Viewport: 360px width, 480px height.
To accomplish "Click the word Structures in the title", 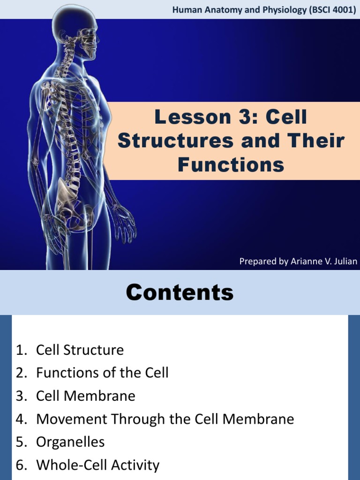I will [x=176, y=141].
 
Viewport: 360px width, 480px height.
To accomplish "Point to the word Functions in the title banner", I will [x=231, y=165].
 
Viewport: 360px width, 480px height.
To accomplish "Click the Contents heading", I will [x=180, y=292].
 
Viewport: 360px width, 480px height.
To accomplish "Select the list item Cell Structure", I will [x=80, y=350].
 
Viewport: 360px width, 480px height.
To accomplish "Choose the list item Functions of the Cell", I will [x=102, y=373].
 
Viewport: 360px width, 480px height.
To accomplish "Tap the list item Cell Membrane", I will [x=85, y=396].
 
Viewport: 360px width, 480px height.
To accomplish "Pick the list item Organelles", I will [x=70, y=442].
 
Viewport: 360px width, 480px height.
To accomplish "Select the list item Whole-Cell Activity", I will [x=97, y=465].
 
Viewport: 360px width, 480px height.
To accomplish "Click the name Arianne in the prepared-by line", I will [x=306, y=261].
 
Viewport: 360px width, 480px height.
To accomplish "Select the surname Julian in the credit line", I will [x=346, y=261].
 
